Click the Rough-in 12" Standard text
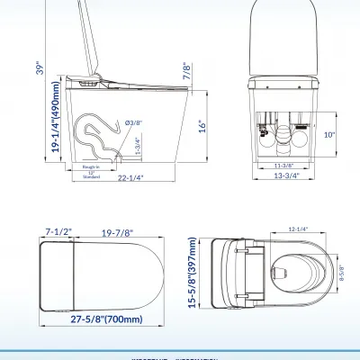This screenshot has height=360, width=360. click(x=92, y=171)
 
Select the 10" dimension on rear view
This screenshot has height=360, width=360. click(x=330, y=134)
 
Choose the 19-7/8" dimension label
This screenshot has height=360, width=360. click(x=117, y=233)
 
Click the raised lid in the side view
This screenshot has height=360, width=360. click(x=91, y=40)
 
